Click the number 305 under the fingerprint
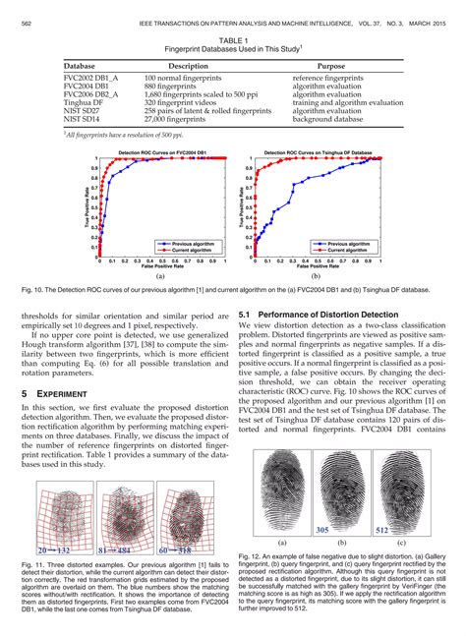(324, 529)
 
